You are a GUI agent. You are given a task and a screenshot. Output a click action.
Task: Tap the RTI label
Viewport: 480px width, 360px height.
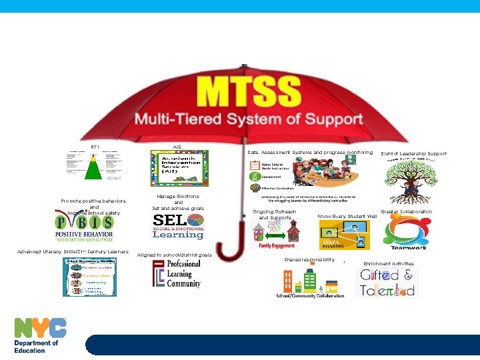point(94,147)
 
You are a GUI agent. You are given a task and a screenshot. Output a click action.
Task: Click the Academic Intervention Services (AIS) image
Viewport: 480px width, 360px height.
point(179,169)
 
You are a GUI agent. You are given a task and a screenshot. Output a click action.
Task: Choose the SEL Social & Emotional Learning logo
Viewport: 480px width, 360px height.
point(179,227)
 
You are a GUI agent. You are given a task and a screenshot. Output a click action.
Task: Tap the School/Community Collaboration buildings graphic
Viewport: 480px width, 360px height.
point(310,283)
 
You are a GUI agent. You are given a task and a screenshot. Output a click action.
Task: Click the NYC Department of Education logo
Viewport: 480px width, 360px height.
point(41,335)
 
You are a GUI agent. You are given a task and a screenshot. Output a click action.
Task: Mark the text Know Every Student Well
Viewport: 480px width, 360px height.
point(347,217)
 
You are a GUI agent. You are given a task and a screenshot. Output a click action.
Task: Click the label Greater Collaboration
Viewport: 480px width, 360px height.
point(406,212)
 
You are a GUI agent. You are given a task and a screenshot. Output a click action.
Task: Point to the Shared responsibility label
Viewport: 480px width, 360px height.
point(309,259)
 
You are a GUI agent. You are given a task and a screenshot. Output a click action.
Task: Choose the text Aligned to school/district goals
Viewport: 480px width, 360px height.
point(174,255)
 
